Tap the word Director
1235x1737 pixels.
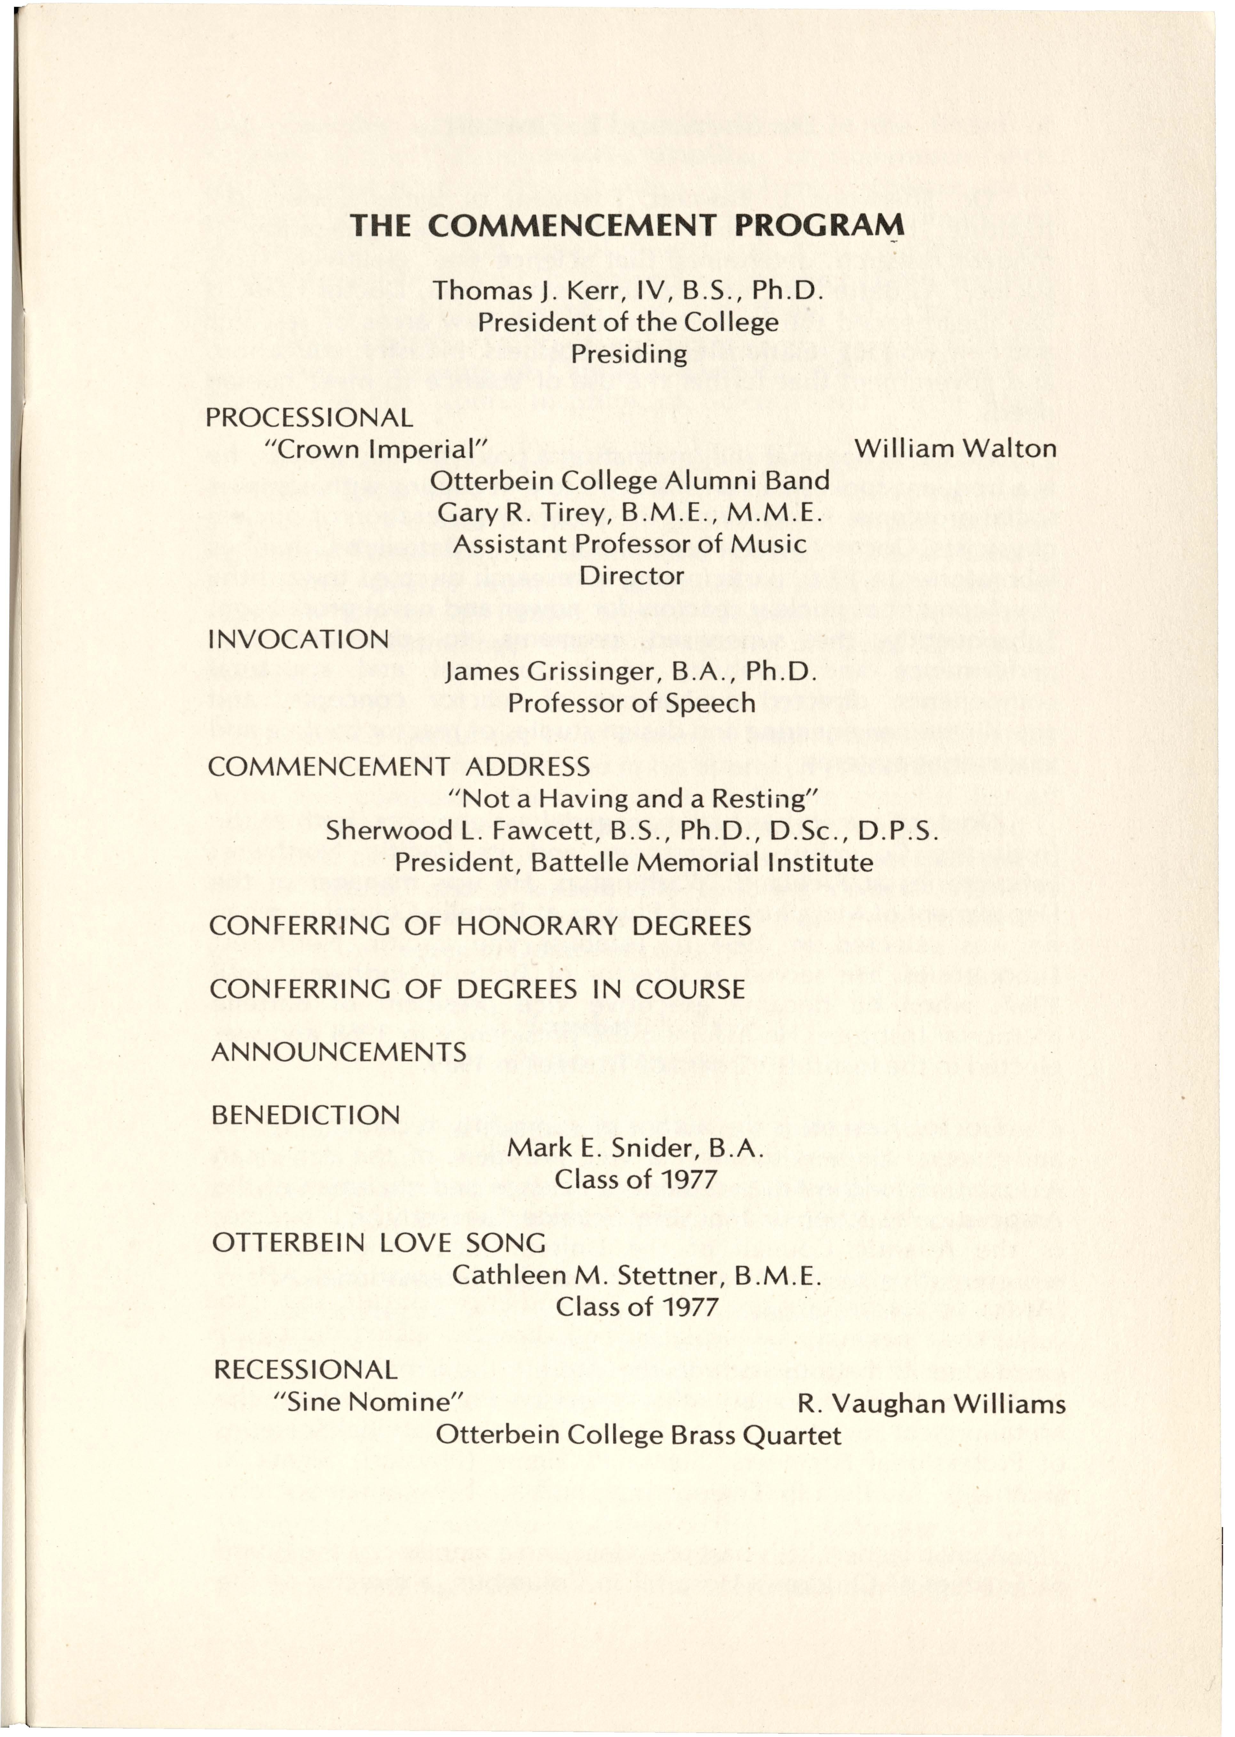631,575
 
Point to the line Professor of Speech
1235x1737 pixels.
631,703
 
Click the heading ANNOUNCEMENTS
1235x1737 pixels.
339,1052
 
